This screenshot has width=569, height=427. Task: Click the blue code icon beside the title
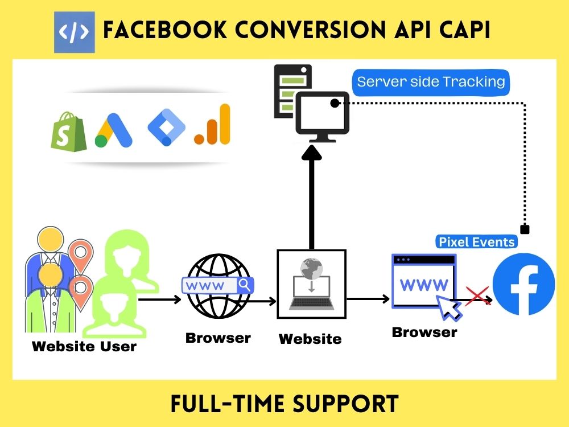[75, 32]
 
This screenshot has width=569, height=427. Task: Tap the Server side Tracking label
[431, 82]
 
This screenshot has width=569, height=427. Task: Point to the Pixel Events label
[476, 242]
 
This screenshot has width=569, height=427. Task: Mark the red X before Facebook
[477, 295]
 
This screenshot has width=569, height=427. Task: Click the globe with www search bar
[218, 284]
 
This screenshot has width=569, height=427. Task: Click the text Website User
[84, 346]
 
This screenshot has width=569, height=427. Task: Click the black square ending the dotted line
[525, 229]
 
